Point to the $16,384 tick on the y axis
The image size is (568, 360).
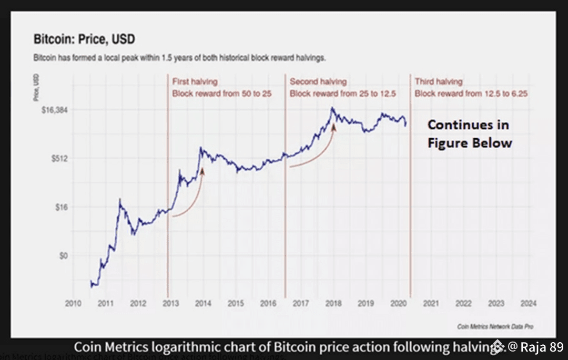(x=50, y=110)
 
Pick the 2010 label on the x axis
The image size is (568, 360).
(x=73, y=303)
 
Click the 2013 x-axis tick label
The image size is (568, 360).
(x=170, y=303)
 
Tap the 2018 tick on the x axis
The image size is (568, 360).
(x=333, y=303)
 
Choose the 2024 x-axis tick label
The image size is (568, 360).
(x=528, y=303)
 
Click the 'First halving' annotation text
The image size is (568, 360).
(x=195, y=82)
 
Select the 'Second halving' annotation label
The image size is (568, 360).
(x=318, y=82)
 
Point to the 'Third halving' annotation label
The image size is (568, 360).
(x=439, y=82)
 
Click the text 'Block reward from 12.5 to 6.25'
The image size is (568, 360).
(x=471, y=94)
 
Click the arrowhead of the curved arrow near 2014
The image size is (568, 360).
(x=202, y=170)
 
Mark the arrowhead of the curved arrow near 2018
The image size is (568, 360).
(x=333, y=126)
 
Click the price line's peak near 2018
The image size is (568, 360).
(x=332, y=108)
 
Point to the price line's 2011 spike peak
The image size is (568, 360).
(x=120, y=200)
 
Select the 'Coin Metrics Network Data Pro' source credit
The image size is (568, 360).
(x=495, y=326)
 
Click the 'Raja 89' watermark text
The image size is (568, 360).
(x=541, y=347)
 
